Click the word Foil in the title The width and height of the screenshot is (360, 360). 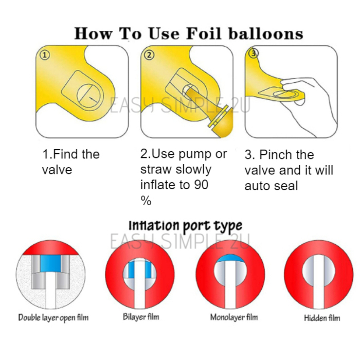204,33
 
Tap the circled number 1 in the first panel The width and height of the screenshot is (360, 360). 45,56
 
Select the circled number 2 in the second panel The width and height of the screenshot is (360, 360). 149,56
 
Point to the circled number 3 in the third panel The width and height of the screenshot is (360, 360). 254,53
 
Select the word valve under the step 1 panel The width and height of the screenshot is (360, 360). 57,170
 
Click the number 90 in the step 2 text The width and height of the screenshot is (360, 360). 201,185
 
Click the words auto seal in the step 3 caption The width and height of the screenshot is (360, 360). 271,186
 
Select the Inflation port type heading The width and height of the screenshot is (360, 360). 185,225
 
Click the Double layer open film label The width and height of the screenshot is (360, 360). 53,318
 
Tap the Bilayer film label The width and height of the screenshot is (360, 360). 141,317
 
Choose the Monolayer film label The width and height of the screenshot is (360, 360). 234,317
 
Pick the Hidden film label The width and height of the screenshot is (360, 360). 322,318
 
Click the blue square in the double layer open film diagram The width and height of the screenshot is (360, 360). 50,263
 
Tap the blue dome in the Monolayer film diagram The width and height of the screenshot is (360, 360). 230,259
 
